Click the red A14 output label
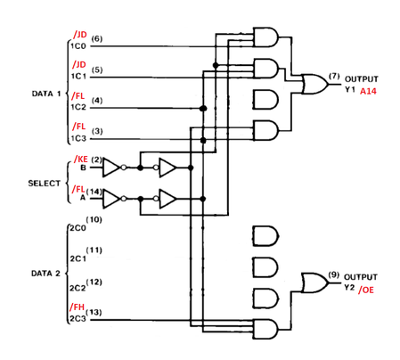368,91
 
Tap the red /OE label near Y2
366,290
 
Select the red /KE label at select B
81,160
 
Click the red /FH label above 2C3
78,307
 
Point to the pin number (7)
334,76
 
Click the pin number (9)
334,274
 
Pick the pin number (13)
94,312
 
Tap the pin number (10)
94,220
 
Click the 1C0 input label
78,46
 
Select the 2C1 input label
78,258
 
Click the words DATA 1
46,94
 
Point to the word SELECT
45,184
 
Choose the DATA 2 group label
45,274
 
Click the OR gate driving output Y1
314,84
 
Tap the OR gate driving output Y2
314,282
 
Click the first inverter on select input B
112,168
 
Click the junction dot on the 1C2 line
203,109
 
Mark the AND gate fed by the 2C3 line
265,329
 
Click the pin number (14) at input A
94,192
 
